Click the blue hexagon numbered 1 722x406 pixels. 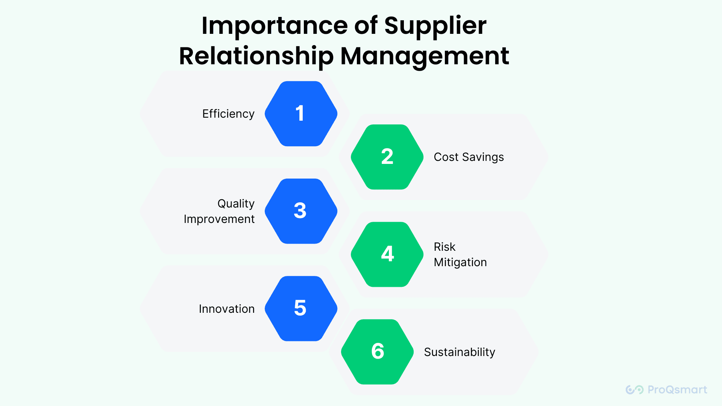coord(301,114)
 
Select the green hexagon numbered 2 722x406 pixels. coord(387,157)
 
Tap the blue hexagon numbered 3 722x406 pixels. coord(301,211)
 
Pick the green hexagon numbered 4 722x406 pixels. coord(387,254)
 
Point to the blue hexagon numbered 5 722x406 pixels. coord(301,308)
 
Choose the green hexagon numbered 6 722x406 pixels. coord(377,351)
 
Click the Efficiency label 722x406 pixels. coord(228,114)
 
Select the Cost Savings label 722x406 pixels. coord(469,157)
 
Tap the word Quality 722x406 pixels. coord(236,204)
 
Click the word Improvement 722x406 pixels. coord(219,219)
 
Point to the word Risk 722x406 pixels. coord(444,247)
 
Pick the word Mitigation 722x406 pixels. coord(460,262)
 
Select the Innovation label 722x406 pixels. coord(226,309)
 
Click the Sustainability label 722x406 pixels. coord(460,352)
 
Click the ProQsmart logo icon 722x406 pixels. coord(634,390)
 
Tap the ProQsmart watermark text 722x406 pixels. coord(677,390)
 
